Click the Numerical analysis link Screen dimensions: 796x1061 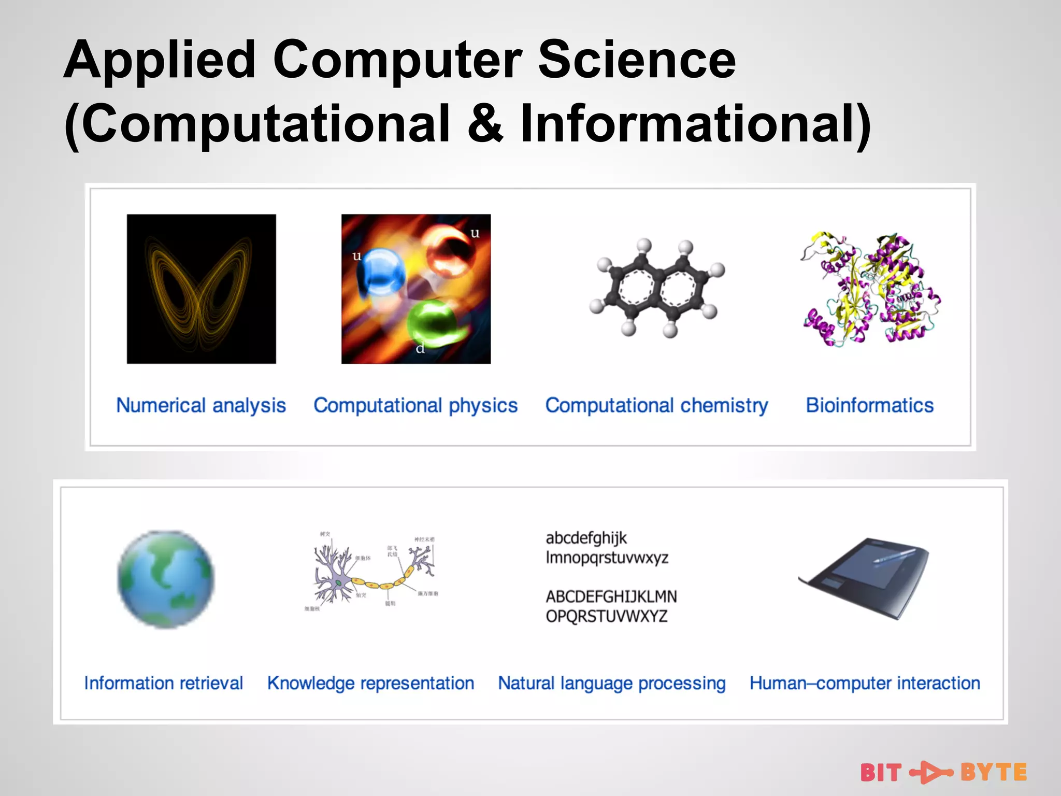click(201, 405)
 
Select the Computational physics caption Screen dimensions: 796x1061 click(415, 405)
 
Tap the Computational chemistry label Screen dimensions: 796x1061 click(656, 405)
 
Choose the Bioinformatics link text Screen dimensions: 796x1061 click(869, 405)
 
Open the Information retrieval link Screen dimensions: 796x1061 click(163, 683)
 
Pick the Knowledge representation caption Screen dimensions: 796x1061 click(370, 683)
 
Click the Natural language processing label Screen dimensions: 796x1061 click(611, 683)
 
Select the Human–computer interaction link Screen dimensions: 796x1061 click(865, 683)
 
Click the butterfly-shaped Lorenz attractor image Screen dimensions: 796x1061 click(201, 289)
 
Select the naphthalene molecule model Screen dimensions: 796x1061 click(656, 288)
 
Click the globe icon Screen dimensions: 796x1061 click(166, 579)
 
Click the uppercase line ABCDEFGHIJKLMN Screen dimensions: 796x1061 click(611, 596)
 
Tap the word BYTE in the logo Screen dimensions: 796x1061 click(993, 772)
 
